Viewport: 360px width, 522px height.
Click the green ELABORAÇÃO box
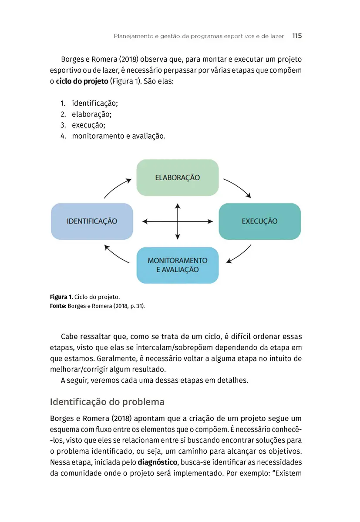click(x=177, y=177)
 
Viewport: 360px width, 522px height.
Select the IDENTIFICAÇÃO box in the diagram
click(x=92, y=221)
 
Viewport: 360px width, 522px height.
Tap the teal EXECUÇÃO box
click(x=259, y=221)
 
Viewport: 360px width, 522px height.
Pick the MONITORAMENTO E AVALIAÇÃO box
click(x=177, y=265)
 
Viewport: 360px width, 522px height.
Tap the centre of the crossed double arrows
click(x=178, y=221)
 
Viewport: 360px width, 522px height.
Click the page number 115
click(x=297, y=36)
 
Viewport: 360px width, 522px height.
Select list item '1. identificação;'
click(x=89, y=104)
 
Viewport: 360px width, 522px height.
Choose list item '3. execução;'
click(x=83, y=125)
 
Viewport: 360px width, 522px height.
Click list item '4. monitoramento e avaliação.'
click(x=113, y=136)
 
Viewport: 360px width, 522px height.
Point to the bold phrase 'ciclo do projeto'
click(x=82, y=81)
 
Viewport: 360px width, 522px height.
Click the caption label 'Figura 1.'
click(x=61, y=297)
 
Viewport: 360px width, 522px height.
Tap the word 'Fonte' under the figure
click(x=57, y=306)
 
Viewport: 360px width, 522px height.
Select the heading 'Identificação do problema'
click(x=107, y=401)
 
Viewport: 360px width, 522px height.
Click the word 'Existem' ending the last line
click(x=287, y=473)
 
